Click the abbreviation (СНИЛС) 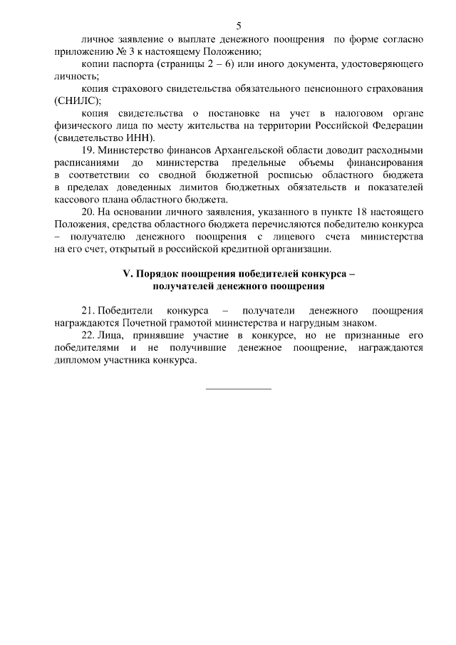coord(77,100)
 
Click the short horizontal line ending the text coord(239,388)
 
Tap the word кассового coord(76,200)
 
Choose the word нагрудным coord(326,323)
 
